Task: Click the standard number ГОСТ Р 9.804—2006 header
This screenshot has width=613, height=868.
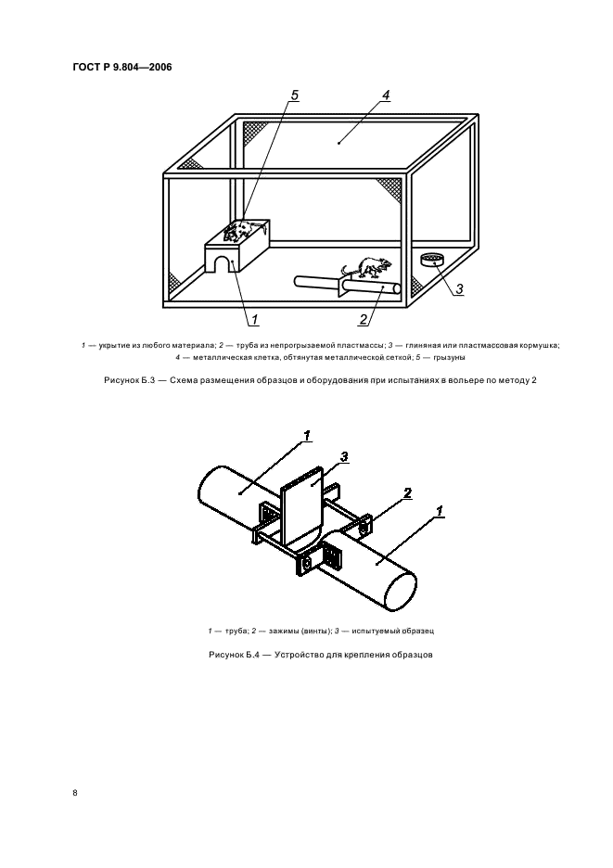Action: [121, 66]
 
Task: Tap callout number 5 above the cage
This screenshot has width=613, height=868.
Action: [295, 95]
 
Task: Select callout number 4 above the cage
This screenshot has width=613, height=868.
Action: [386, 96]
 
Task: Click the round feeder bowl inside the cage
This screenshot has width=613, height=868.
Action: [431, 260]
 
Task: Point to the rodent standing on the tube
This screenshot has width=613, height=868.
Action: [365, 269]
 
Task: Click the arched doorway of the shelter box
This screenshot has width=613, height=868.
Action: [221, 265]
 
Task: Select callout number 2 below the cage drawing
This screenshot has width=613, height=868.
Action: [364, 320]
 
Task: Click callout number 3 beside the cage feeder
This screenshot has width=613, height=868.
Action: [458, 288]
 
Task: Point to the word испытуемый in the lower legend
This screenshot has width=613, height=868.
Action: [376, 631]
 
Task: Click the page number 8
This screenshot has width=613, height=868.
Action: [75, 794]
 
